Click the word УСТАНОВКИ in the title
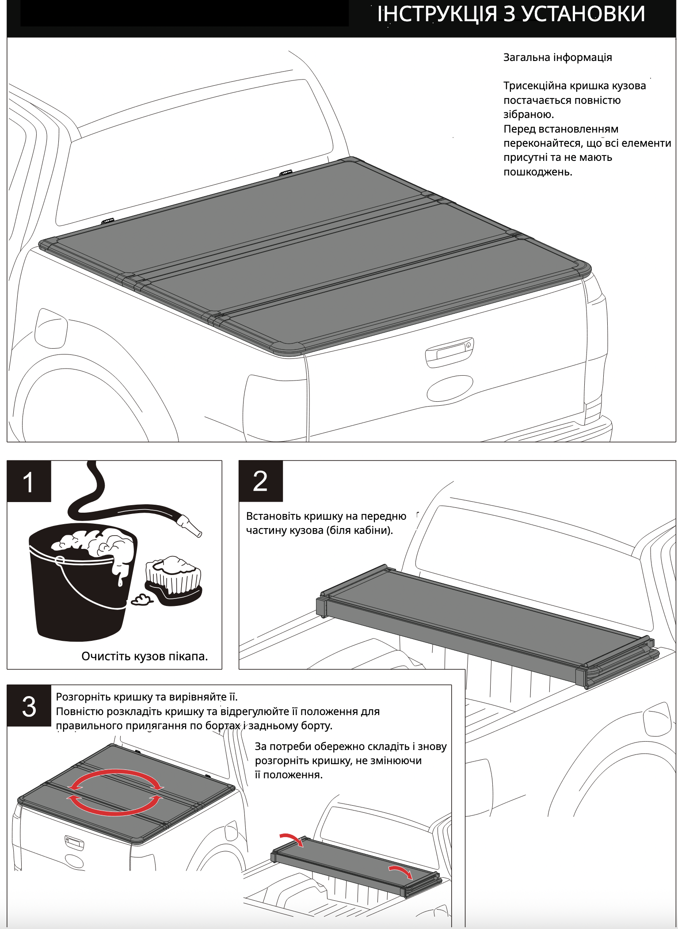583,14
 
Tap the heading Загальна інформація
557,57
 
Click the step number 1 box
29,481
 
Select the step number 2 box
260,481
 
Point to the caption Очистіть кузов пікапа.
145,656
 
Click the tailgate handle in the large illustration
449,353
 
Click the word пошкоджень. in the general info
538,172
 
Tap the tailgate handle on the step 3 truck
74,842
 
